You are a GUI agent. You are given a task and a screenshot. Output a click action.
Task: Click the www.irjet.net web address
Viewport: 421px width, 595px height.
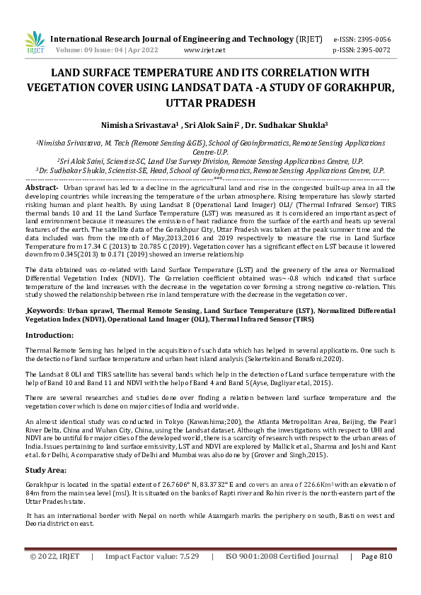pyautogui.click(x=204, y=50)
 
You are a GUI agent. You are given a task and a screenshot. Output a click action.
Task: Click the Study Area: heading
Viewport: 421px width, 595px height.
pyautogui.click(x=47, y=469)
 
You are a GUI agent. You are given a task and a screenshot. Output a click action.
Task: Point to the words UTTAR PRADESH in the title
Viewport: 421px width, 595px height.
pyautogui.click(x=210, y=102)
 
